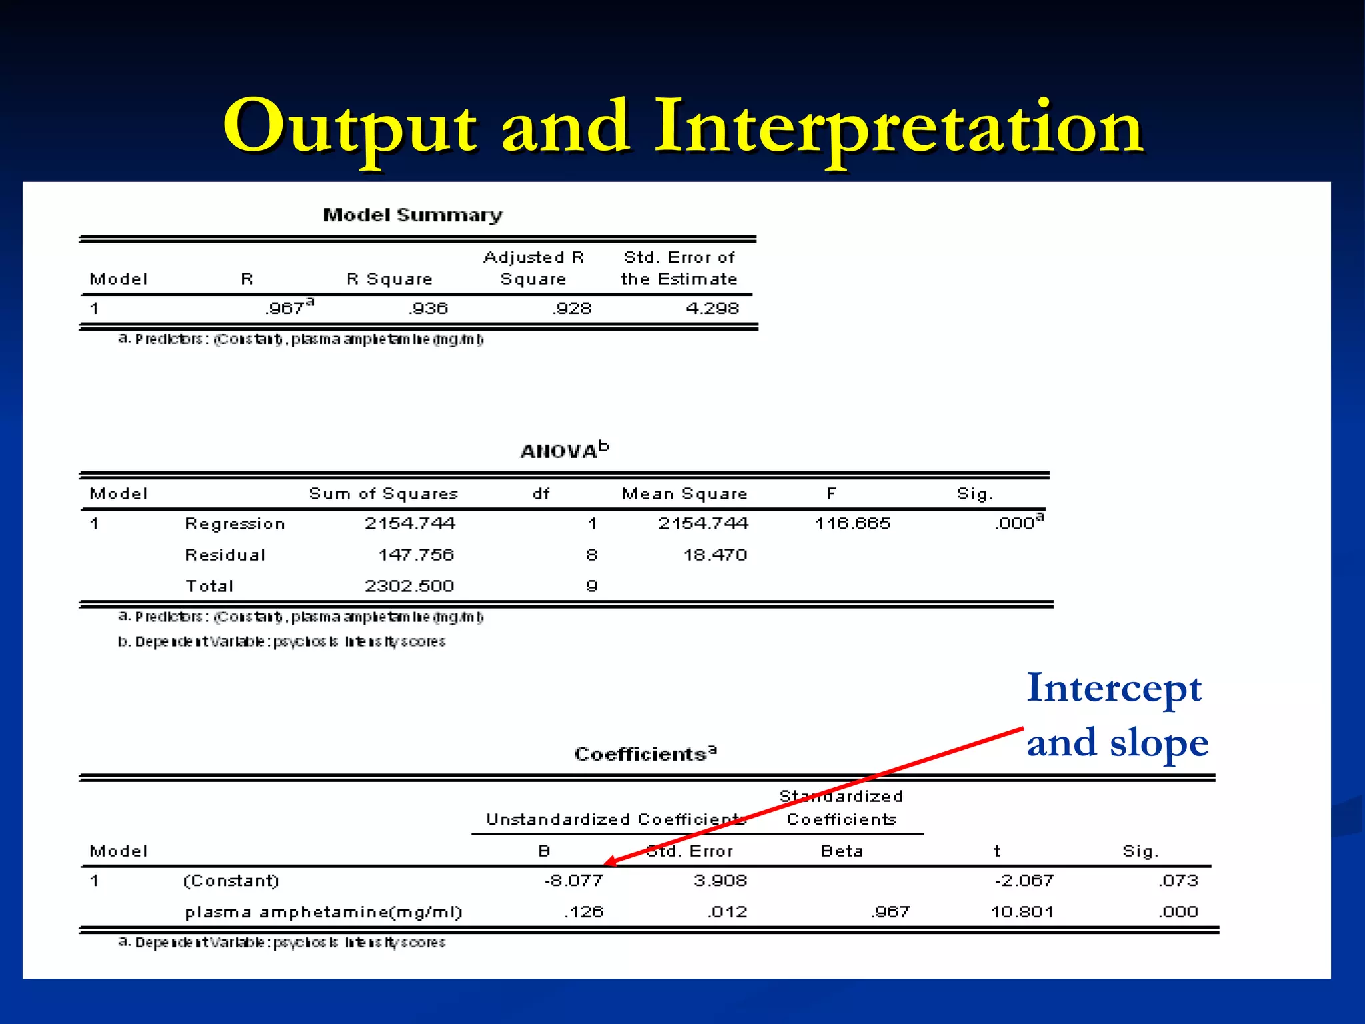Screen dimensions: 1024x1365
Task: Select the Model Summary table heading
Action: (413, 215)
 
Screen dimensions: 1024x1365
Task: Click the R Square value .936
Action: (429, 309)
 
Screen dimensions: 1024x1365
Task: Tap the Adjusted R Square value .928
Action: (572, 309)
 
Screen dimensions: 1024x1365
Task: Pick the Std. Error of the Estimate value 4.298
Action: (712, 309)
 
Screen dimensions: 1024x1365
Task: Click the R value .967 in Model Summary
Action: (286, 309)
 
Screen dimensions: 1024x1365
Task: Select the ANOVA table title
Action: (564, 451)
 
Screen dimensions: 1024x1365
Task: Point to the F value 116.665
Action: (852, 523)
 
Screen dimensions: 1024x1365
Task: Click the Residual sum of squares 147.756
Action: (416, 555)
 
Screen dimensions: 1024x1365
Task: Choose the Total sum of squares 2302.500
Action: (409, 586)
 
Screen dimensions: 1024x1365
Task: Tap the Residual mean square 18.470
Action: (715, 555)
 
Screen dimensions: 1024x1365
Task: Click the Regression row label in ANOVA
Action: (235, 524)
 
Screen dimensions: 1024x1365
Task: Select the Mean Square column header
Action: (684, 494)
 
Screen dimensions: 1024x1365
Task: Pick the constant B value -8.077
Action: (574, 881)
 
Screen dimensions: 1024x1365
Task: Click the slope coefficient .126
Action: (583, 912)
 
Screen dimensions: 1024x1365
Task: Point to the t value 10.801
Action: (1022, 912)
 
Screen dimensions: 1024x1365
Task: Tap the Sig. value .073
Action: (1178, 881)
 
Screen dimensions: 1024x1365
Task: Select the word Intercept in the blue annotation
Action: (1114, 689)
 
